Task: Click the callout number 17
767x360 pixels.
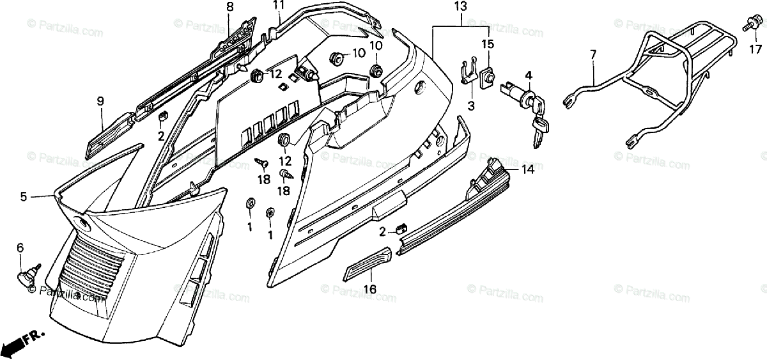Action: tap(755, 49)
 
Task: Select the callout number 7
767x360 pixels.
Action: tap(593, 54)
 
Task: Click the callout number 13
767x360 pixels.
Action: tap(461, 8)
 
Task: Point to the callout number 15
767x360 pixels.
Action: tap(488, 44)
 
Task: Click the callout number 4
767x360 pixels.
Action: tap(527, 75)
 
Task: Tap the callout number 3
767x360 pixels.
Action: tap(470, 106)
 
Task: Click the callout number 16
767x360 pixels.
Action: tap(369, 290)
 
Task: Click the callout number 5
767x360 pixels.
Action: tap(24, 197)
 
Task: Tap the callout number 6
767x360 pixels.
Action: tap(20, 247)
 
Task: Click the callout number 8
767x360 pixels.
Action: tap(229, 7)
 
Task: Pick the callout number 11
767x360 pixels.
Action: tap(277, 6)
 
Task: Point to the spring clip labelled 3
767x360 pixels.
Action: tap(469, 71)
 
